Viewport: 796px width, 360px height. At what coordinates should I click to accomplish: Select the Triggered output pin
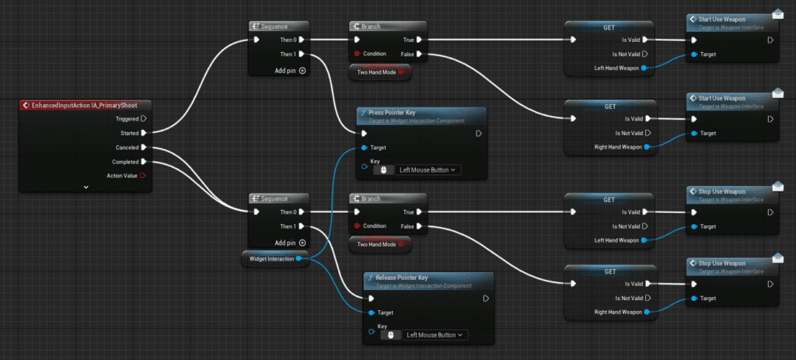(x=144, y=119)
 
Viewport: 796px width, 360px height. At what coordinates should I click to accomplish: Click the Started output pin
(x=144, y=133)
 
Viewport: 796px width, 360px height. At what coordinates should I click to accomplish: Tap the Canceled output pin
(x=144, y=147)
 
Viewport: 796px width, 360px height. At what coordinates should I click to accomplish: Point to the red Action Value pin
(x=143, y=176)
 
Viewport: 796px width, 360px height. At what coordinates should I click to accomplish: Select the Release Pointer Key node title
(x=402, y=278)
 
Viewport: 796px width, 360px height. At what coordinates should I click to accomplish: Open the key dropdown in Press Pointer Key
(x=428, y=170)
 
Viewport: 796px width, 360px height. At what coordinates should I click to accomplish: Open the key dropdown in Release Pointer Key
(x=435, y=335)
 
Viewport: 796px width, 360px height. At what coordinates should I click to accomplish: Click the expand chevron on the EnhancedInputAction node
(x=86, y=187)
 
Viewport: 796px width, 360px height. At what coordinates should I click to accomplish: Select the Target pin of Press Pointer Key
(x=365, y=148)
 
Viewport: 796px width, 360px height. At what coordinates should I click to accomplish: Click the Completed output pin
(x=144, y=162)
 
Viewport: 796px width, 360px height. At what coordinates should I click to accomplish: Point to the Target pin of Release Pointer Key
(x=371, y=313)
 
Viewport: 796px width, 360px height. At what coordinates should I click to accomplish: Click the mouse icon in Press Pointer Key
(x=384, y=170)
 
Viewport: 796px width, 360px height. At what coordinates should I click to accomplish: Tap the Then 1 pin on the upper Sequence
(x=302, y=54)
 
